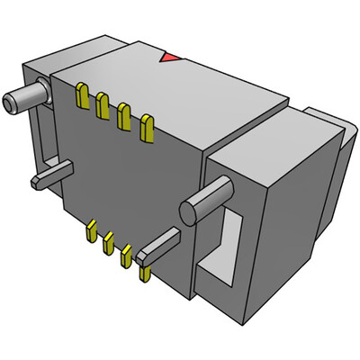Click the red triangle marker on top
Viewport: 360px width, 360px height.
[x=167, y=58]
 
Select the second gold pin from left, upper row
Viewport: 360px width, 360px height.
[x=103, y=105]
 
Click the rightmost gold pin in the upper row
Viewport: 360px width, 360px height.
[x=144, y=129]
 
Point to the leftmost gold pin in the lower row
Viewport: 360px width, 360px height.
[x=91, y=233]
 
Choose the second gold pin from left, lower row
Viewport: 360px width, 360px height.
[x=108, y=243]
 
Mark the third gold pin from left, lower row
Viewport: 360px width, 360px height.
[x=126, y=255]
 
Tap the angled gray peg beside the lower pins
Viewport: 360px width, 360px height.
[x=159, y=246]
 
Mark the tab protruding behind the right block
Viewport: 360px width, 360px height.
[x=328, y=135]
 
